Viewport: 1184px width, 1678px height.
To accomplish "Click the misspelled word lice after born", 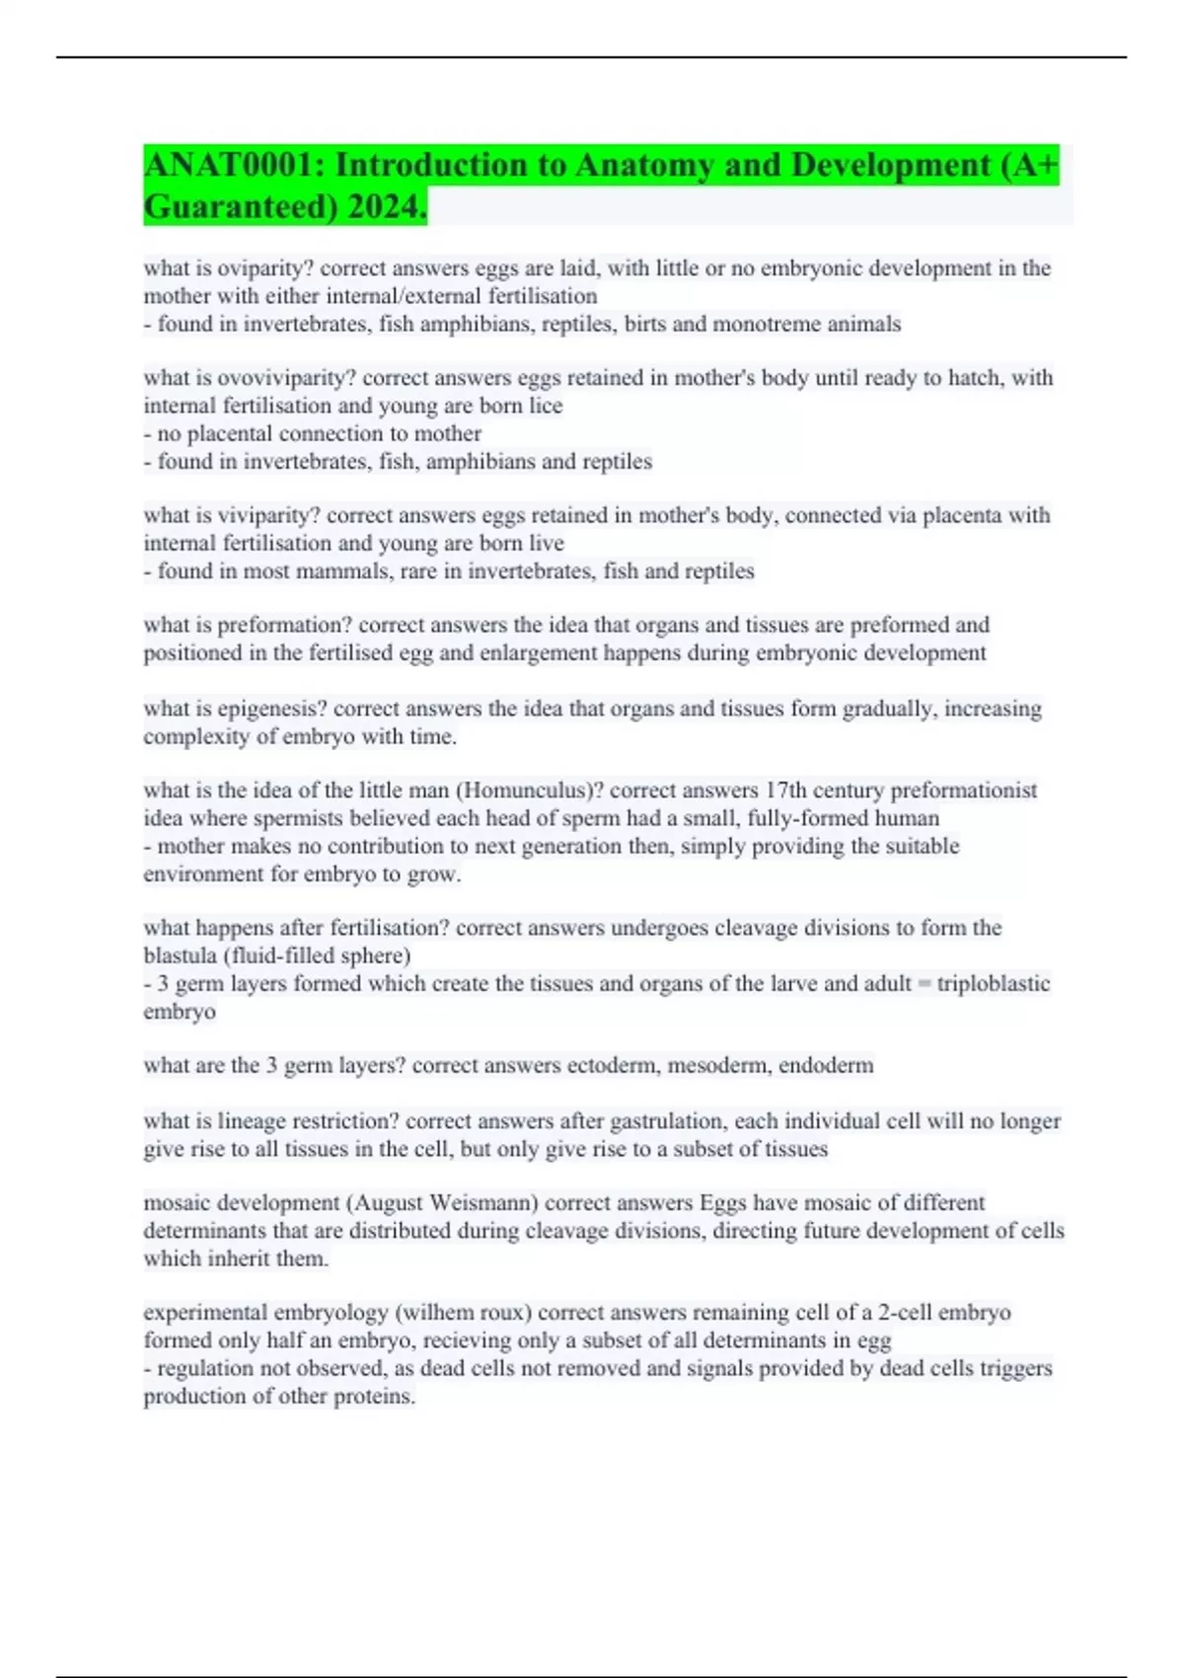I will click(x=546, y=406).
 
